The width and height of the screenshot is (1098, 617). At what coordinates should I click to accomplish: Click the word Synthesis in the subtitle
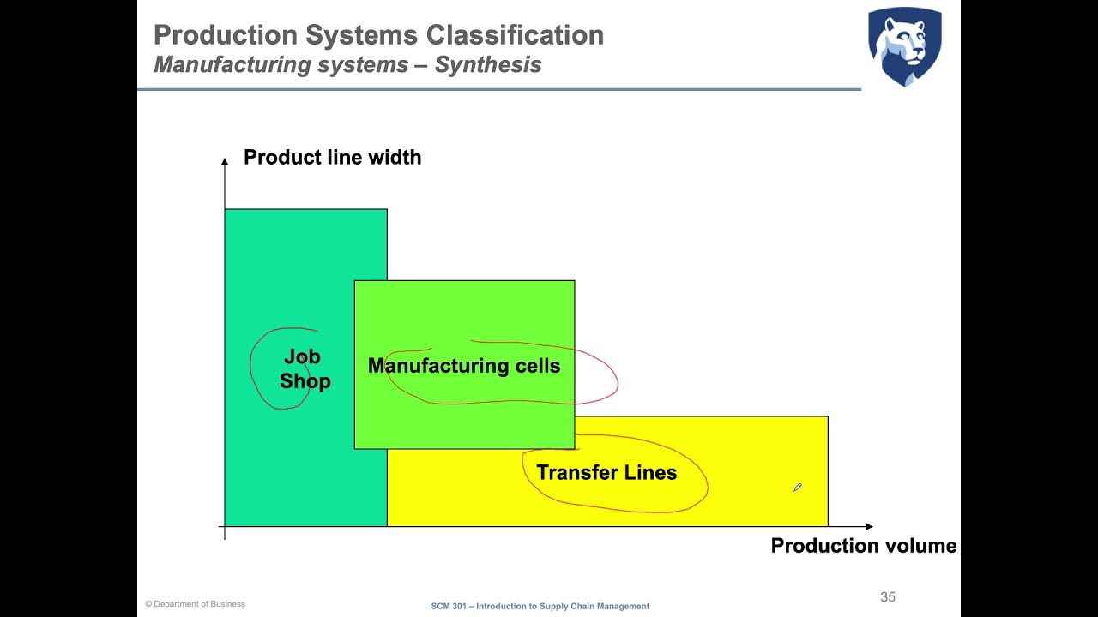[x=488, y=64]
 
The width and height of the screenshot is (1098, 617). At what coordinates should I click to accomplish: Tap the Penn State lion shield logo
[x=904, y=46]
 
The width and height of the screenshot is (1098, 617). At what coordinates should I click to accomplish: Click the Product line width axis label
[x=332, y=157]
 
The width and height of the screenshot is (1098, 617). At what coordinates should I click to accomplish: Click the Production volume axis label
[x=863, y=546]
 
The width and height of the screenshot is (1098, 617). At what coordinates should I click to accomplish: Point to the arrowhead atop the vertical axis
[x=225, y=160]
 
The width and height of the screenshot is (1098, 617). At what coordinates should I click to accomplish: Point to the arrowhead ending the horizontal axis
[x=869, y=526]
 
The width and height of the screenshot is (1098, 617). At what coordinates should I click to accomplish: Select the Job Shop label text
[x=304, y=368]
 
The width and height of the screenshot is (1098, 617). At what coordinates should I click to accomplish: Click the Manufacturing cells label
[x=463, y=366]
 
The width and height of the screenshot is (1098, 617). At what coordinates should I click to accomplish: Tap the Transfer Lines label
[x=606, y=472]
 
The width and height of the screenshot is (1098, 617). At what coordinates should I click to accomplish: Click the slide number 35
[x=888, y=597]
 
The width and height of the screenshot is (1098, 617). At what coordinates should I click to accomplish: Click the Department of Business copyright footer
[x=195, y=604]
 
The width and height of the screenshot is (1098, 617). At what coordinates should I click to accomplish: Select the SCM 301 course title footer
[x=540, y=606]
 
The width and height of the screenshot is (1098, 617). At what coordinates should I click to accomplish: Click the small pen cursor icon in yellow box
[x=797, y=488]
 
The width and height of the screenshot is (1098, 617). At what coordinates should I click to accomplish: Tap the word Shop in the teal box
[x=305, y=381]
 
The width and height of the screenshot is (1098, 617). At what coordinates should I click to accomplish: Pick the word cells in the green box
[x=537, y=366]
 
